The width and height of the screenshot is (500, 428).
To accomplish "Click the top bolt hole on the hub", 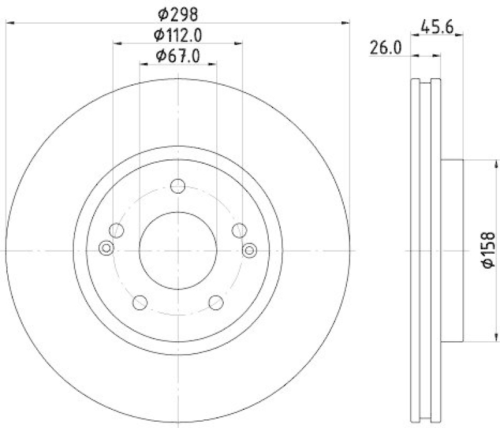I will pyautogui.click(x=178, y=186).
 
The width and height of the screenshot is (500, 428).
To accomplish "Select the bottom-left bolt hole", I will pyautogui.click(x=140, y=302).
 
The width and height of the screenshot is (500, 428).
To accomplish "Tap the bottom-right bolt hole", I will pyautogui.click(x=216, y=302).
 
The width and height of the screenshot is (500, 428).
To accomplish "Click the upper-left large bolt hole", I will pyautogui.click(x=116, y=231).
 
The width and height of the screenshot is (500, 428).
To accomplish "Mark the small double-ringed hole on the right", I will pyautogui.click(x=249, y=250).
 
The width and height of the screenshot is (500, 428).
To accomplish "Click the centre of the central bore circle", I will pyautogui.click(x=178, y=250).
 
